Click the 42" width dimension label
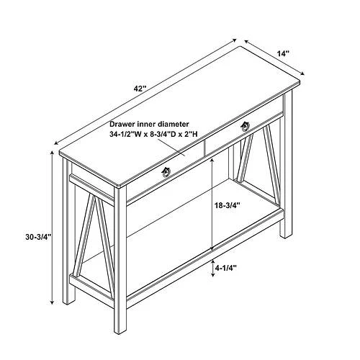(x=140, y=89)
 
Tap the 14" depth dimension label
(x=283, y=53)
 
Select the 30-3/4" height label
(x=39, y=237)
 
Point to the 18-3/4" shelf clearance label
(x=228, y=205)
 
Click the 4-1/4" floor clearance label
(x=226, y=268)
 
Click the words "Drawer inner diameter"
(x=149, y=124)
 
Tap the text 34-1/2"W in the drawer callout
(x=124, y=134)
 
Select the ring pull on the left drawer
(x=166, y=172)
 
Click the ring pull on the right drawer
(x=246, y=127)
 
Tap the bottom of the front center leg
(x=120, y=333)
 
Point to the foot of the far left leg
(x=69, y=303)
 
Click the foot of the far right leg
(x=287, y=236)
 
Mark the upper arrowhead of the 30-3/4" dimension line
(x=52, y=153)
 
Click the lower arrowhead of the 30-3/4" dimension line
(x=52, y=302)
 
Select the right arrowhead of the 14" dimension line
(x=302, y=73)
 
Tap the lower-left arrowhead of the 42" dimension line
(x=57, y=143)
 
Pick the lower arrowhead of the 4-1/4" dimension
(x=213, y=274)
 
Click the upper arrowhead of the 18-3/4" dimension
(x=212, y=161)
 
